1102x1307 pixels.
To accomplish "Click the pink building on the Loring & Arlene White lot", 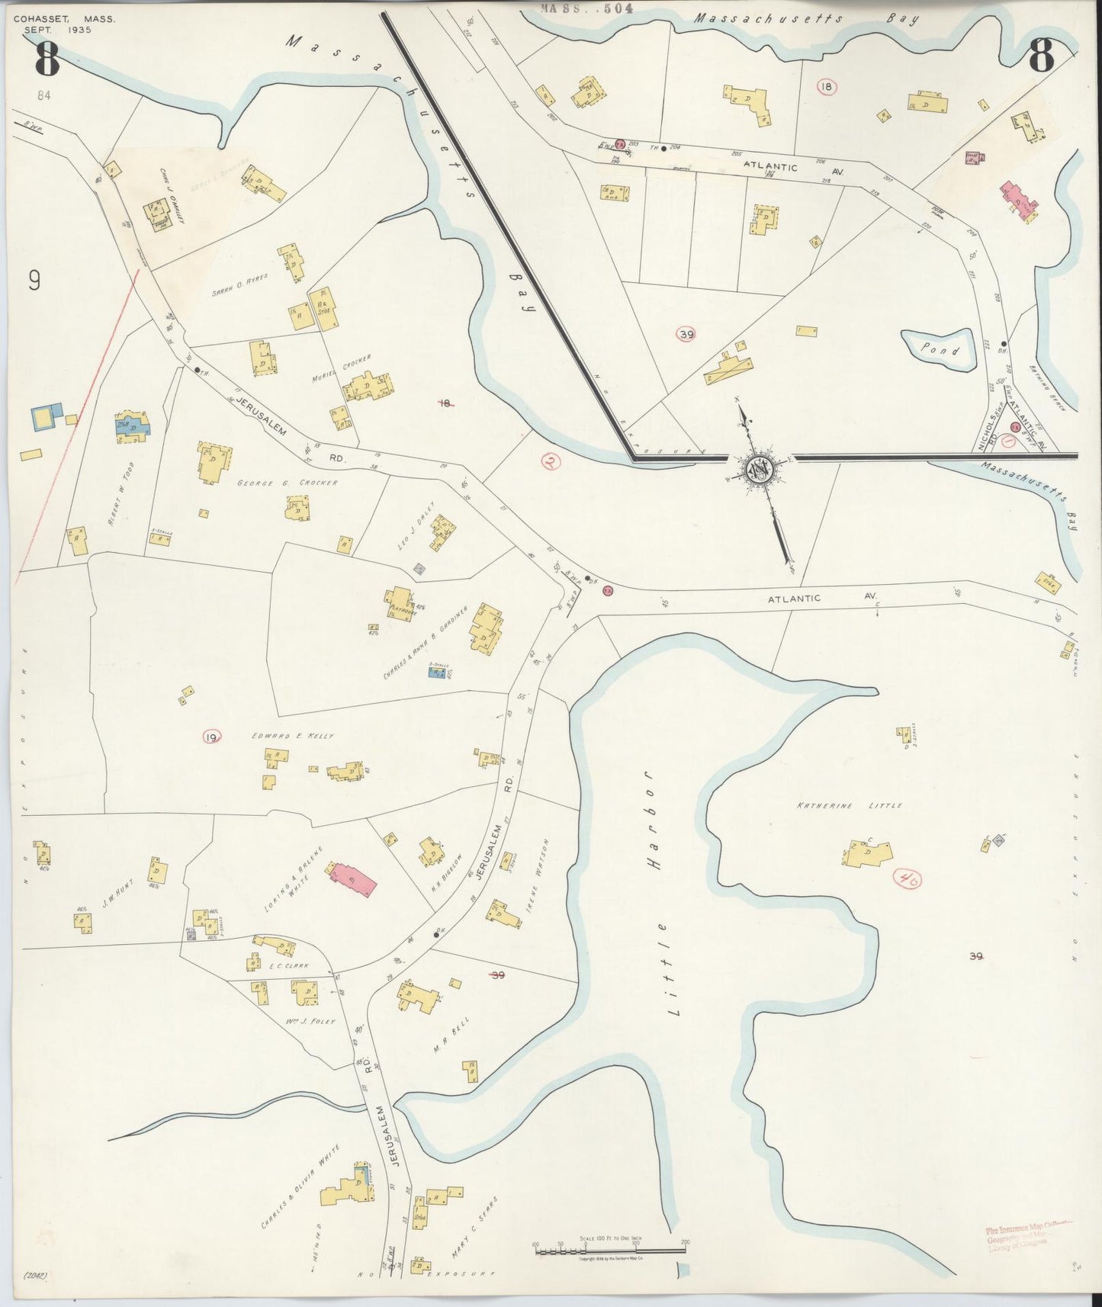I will click(x=352, y=879).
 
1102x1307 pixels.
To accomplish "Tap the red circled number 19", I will click(x=211, y=736).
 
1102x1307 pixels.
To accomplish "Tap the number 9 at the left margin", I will click(x=34, y=281).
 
